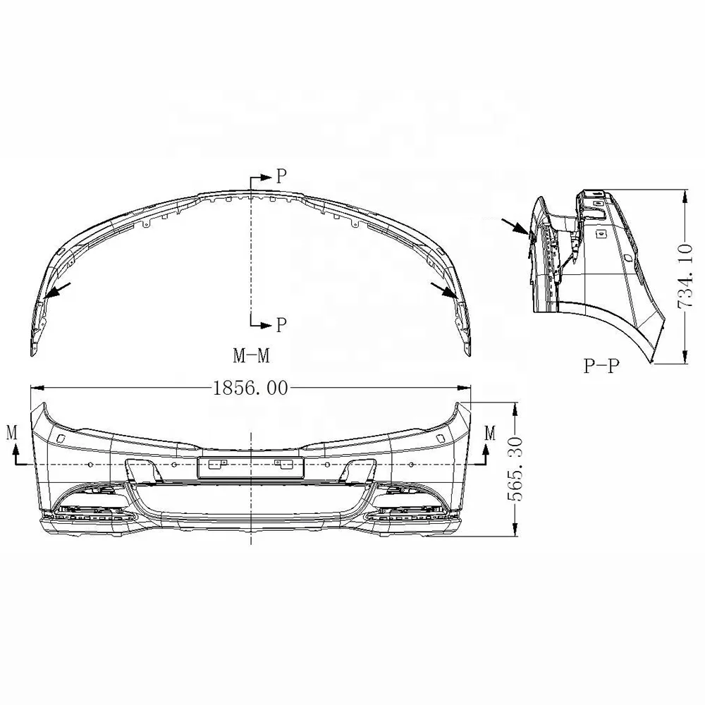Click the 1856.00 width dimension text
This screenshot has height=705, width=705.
click(251, 388)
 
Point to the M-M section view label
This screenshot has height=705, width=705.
click(252, 355)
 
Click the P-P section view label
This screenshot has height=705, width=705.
click(601, 367)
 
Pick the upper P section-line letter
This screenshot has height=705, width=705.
click(281, 177)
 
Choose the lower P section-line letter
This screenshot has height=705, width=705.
click(281, 325)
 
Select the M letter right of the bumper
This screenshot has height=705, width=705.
click(490, 431)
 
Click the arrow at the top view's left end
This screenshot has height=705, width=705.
click(61, 288)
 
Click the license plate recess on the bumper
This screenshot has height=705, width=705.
click(250, 465)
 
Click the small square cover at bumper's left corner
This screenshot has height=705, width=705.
click(61, 439)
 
